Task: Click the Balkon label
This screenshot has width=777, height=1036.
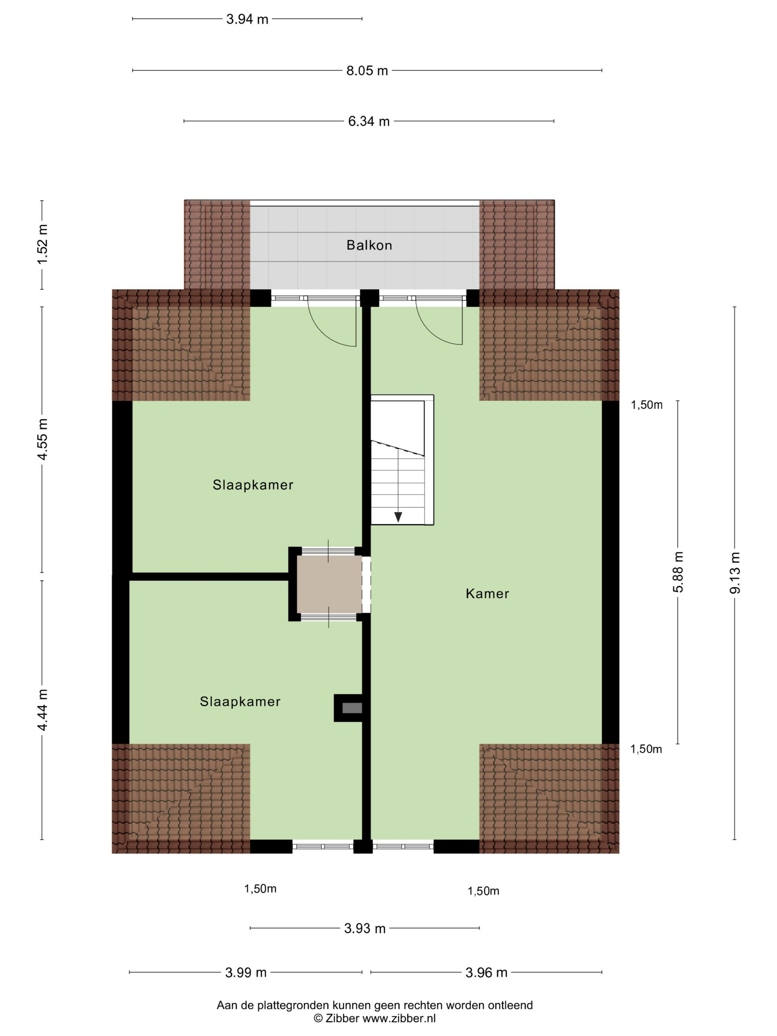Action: click(369, 245)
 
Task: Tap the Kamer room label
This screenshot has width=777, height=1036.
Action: click(487, 593)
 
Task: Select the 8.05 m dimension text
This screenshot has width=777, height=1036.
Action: click(367, 71)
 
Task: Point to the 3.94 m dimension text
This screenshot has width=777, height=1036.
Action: click(247, 19)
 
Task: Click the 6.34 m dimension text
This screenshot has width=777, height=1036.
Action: click(369, 121)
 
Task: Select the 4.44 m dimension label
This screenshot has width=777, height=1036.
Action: click(43, 710)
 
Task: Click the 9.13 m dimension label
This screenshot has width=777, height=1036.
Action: click(735, 573)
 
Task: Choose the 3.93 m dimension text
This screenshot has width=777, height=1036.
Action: click(365, 929)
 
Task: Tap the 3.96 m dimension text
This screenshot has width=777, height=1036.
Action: click(486, 973)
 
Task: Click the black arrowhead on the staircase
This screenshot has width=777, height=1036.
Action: click(398, 517)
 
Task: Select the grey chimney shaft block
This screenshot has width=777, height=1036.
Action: click(352, 708)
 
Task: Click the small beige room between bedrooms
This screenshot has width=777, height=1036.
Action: click(329, 583)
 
